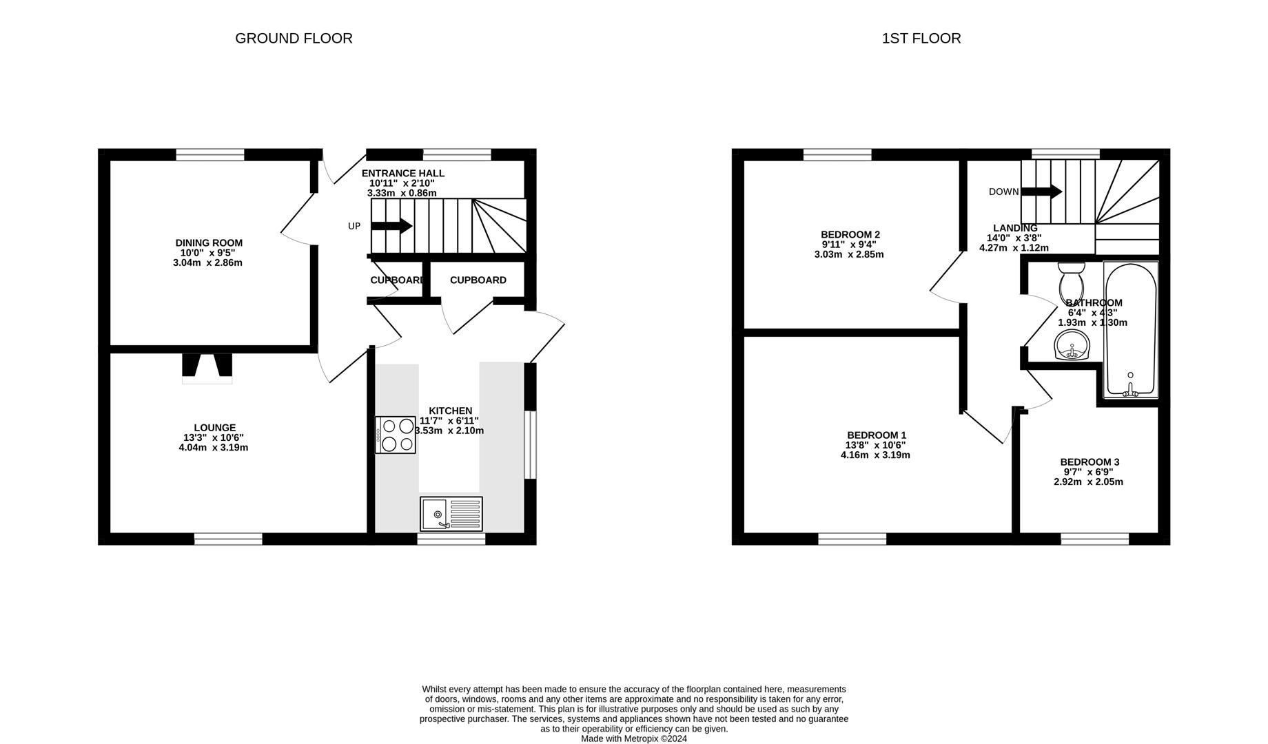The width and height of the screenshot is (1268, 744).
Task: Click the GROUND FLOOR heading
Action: pyautogui.click(x=294, y=39)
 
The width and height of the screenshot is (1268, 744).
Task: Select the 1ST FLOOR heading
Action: pyautogui.click(x=921, y=39)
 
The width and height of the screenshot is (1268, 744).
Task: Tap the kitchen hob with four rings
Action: pyautogui.click(x=396, y=435)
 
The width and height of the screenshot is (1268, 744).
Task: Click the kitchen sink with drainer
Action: pyautogui.click(x=451, y=514)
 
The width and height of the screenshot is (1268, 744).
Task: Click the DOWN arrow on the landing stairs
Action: pyautogui.click(x=1041, y=192)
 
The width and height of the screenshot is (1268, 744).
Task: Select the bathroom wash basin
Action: pyautogui.click(x=1071, y=344)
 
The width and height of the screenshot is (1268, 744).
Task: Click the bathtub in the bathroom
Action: pyautogui.click(x=1130, y=330)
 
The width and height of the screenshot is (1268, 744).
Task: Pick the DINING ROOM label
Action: pyautogui.click(x=209, y=242)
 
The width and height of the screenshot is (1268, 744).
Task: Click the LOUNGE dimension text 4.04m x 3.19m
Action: pyautogui.click(x=213, y=447)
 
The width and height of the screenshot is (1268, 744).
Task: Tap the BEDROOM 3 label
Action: pyautogui.click(x=1090, y=462)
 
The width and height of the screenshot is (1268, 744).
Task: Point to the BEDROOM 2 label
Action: pyautogui.click(x=850, y=234)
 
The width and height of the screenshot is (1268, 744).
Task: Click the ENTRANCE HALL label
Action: pyautogui.click(x=402, y=174)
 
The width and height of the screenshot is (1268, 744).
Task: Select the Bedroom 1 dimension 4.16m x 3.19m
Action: pyautogui.click(x=875, y=455)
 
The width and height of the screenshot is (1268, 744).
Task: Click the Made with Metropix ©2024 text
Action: pyautogui.click(x=633, y=738)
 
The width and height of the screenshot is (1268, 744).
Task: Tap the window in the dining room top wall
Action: pyautogui.click(x=210, y=154)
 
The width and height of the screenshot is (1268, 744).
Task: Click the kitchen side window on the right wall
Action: pyautogui.click(x=530, y=444)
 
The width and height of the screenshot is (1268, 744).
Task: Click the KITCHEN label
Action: pyautogui.click(x=450, y=411)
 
